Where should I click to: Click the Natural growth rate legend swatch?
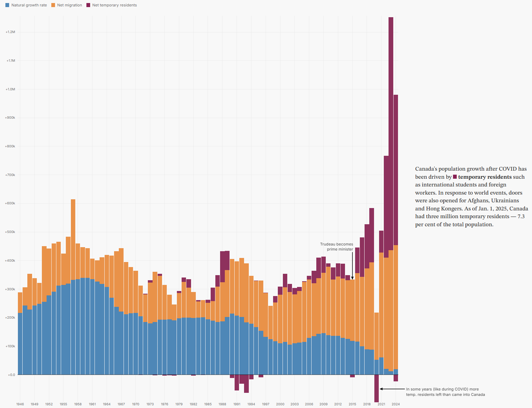click(x=7, y=5)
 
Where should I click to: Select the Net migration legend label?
click(x=70, y=5)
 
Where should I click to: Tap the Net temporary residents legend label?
click(x=114, y=5)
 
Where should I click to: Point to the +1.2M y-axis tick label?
click(x=10, y=32)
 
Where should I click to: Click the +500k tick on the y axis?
click(x=10, y=232)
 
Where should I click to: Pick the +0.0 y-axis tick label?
click(x=11, y=375)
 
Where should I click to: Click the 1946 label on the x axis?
click(x=20, y=404)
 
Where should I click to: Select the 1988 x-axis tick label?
click(x=222, y=404)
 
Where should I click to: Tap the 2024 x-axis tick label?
click(x=396, y=404)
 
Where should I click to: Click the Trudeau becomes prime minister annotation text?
click(x=337, y=247)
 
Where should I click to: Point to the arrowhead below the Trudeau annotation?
click(x=352, y=278)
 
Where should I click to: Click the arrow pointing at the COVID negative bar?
click(x=392, y=389)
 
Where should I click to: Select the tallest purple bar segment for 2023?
click(x=391, y=134)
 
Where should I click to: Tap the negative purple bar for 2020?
click(x=376, y=388)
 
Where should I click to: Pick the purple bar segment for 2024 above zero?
click(x=396, y=170)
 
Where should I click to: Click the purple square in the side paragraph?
click(x=455, y=177)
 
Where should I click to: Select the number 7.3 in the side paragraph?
click(x=521, y=216)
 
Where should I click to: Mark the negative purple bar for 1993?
click(x=246, y=384)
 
